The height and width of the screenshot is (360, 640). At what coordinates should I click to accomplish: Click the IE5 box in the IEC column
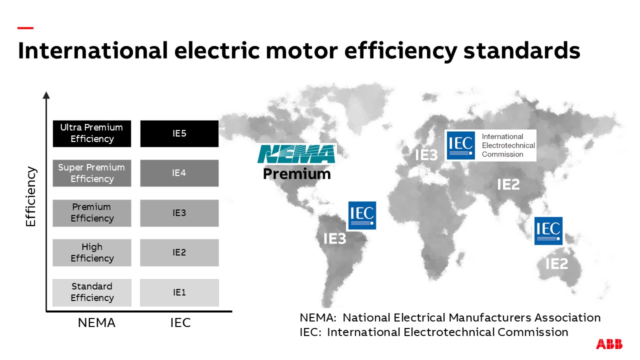tap(179, 133)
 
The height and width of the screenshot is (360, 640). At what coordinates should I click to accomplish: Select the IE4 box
tap(179, 173)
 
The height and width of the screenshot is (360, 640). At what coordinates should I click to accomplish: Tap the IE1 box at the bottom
tap(179, 292)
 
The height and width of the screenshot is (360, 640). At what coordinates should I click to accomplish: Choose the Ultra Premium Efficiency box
tap(91, 133)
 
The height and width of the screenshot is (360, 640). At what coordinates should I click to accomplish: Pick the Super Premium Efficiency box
tap(91, 173)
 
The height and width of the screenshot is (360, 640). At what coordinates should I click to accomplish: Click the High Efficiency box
tap(91, 252)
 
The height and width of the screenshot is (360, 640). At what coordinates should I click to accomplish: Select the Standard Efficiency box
tap(91, 292)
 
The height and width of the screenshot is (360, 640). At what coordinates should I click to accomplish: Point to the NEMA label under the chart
tap(96, 323)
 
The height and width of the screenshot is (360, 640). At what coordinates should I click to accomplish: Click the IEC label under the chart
tap(180, 323)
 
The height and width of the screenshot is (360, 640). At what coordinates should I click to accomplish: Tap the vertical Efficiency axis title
tap(31, 196)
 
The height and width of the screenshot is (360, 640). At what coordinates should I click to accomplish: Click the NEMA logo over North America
tap(296, 154)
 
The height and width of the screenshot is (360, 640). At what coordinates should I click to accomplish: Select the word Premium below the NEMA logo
tap(296, 174)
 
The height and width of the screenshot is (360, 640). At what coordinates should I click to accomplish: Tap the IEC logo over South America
tap(361, 215)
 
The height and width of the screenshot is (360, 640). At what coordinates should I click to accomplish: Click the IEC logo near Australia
tap(548, 230)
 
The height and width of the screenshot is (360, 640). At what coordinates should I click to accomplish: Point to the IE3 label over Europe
tap(426, 155)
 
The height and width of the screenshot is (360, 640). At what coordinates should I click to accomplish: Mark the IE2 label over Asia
tap(508, 184)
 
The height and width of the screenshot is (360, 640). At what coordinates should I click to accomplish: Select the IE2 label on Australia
tap(556, 263)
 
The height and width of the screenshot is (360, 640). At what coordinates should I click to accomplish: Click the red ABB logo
tap(609, 344)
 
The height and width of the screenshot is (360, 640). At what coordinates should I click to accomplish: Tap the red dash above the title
tap(25, 28)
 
